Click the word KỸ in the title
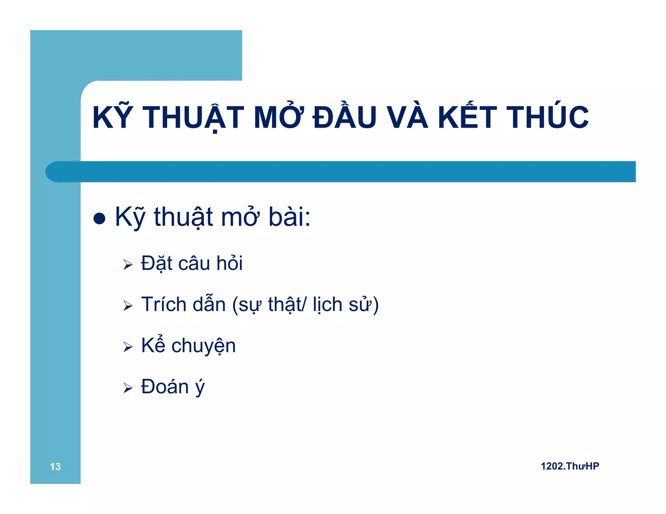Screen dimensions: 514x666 pos(113,117)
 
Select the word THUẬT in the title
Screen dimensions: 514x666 pos(193,117)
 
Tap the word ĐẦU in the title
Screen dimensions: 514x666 pos(345,117)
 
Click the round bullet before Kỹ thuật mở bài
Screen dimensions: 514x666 pos(99,218)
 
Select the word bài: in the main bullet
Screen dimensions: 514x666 pos(289,217)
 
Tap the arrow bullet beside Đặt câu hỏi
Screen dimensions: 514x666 pos(128,264)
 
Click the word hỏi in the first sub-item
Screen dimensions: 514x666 pos(230,263)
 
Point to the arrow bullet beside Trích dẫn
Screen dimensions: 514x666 pos(128,305)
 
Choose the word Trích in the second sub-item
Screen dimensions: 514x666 pos(164,304)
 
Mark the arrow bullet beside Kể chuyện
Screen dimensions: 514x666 pos(128,347)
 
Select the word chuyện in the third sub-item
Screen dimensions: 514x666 pos(204,346)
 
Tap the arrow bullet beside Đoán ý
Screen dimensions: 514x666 pos(128,388)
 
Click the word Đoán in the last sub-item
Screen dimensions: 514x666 pos(165,387)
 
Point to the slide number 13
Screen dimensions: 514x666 pos(55,467)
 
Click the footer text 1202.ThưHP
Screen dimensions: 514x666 pos(570,466)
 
